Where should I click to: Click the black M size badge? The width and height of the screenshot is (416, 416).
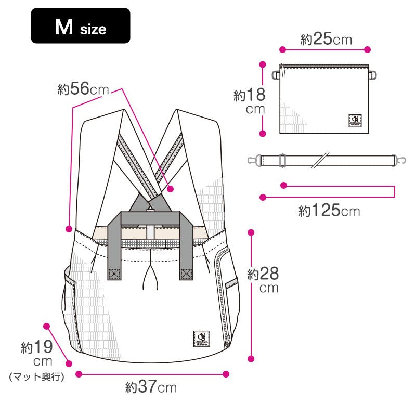coord(81,26)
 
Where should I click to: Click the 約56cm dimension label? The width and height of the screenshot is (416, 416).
coord(83,89)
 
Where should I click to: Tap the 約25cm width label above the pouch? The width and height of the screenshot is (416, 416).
coord(326,40)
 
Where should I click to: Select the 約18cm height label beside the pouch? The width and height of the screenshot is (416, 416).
coord(250,101)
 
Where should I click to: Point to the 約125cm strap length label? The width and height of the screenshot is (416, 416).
coord(329,211)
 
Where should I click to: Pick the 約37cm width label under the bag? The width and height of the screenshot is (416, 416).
coord(151,387)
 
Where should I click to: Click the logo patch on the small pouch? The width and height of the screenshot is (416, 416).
coord(356,121)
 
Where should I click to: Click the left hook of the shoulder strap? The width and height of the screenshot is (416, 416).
coord(253,160)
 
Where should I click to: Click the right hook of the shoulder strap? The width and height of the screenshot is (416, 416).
coord(400,160)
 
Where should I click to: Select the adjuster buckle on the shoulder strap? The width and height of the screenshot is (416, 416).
coord(282,160)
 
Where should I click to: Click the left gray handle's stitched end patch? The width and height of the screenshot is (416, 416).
coord(114,274)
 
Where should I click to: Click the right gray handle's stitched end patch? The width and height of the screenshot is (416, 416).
coord(186,274)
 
